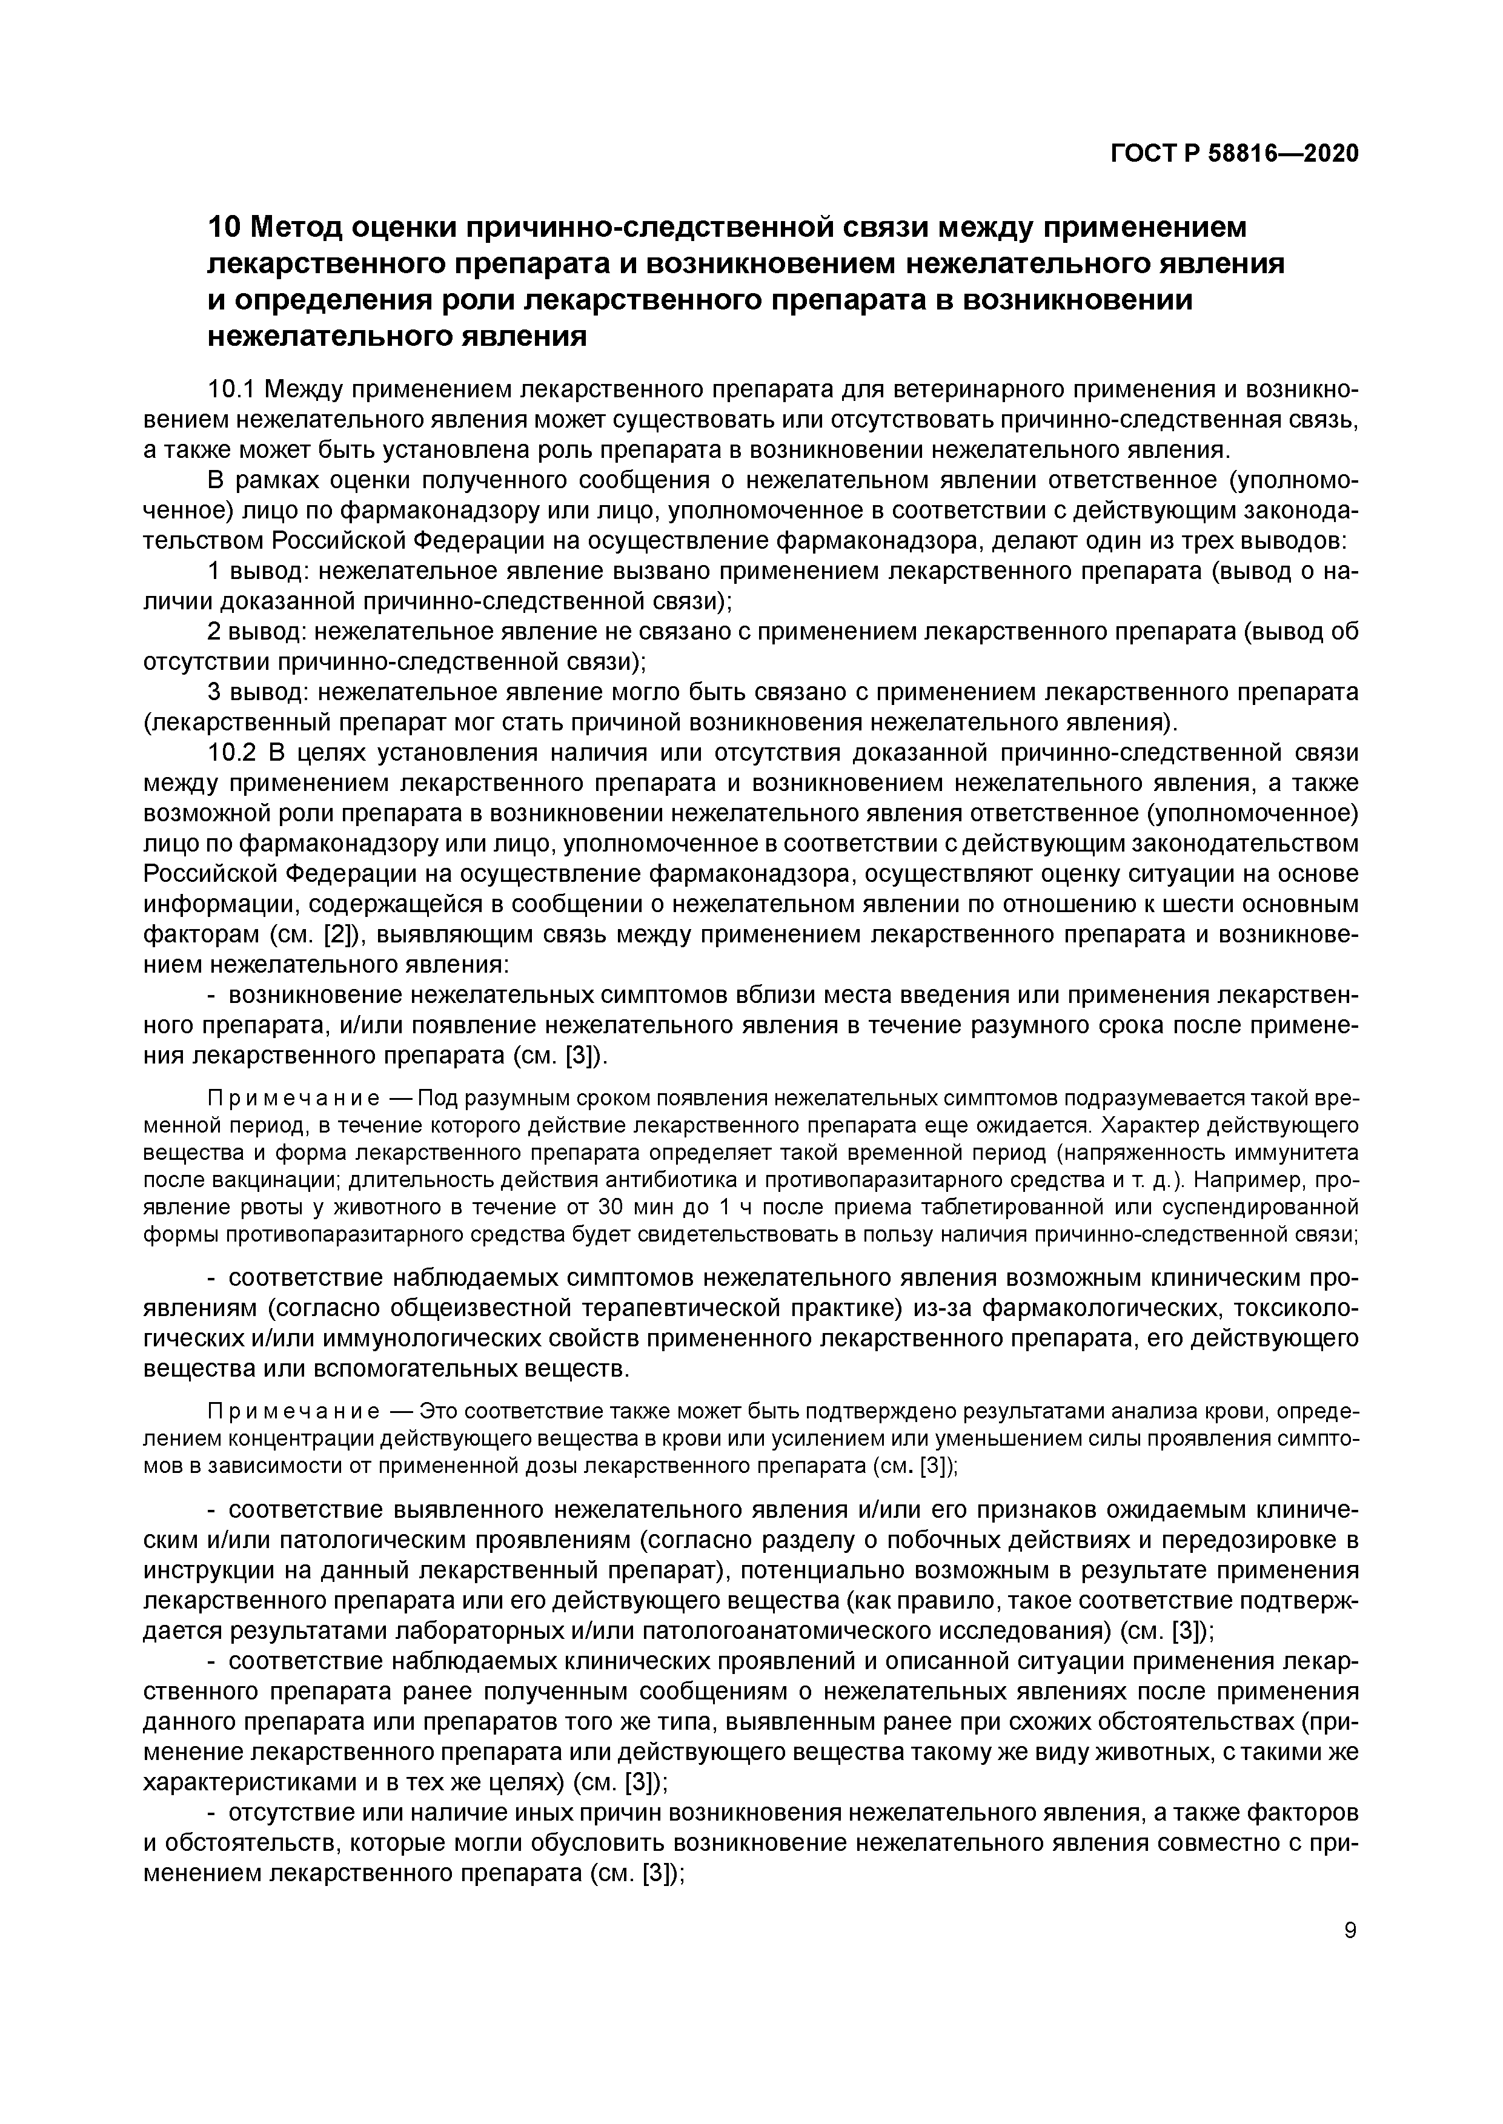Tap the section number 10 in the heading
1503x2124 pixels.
point(223,227)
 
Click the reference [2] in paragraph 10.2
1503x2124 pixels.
point(339,935)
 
